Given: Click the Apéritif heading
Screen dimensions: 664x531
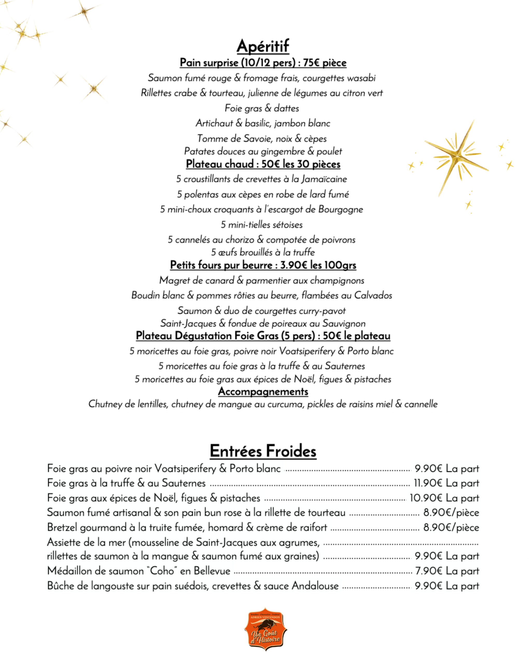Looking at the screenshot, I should (263, 46).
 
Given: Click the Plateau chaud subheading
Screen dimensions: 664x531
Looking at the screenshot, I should (263, 164).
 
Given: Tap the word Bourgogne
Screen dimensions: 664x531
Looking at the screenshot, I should (340, 209).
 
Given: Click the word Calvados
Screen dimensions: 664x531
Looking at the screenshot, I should (373, 295).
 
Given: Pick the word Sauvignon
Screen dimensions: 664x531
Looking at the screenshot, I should (344, 323).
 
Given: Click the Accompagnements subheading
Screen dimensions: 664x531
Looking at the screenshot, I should (263, 391).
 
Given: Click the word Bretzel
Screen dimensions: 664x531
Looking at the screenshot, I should (62, 528).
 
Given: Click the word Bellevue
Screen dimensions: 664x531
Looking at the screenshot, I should (212, 571).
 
